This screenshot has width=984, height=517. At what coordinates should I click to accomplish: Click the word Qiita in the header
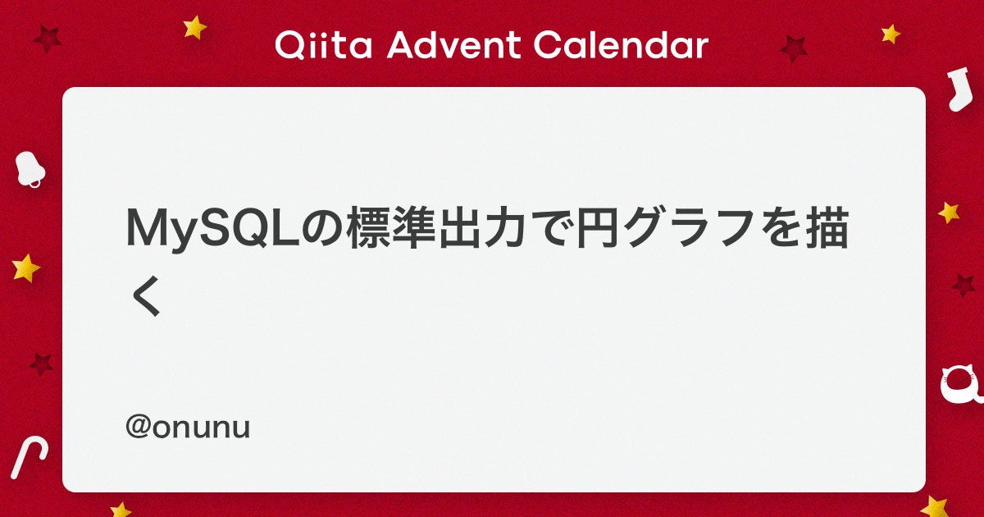(x=323, y=44)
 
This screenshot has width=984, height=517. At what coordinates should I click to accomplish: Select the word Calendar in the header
(x=621, y=44)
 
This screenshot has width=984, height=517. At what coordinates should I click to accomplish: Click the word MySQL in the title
(x=212, y=230)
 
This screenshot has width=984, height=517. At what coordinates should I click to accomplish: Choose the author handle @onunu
(x=188, y=428)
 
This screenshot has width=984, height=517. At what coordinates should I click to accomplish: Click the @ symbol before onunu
(x=139, y=427)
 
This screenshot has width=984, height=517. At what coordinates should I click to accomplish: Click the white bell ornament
(x=30, y=169)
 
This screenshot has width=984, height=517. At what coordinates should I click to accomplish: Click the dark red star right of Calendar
(x=794, y=48)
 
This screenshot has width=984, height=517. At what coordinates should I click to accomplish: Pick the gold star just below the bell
(x=26, y=268)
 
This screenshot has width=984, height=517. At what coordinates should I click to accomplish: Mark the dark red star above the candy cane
(x=41, y=364)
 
